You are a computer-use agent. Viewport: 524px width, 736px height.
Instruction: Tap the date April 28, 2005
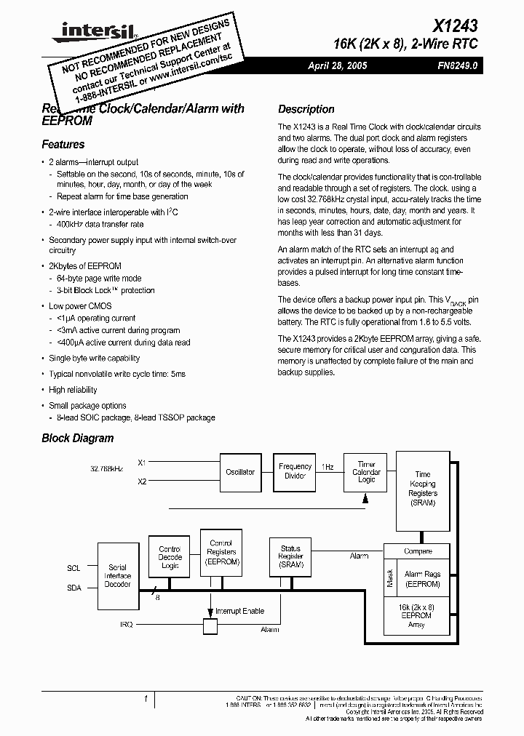(x=338, y=65)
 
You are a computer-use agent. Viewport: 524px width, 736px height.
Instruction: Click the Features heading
(x=63, y=144)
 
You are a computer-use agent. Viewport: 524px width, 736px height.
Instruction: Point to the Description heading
(x=306, y=109)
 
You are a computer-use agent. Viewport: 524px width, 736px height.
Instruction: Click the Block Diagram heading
(x=78, y=438)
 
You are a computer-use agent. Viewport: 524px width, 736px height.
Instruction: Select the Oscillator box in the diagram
(x=240, y=472)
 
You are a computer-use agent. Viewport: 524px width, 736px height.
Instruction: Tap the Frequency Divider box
(x=295, y=471)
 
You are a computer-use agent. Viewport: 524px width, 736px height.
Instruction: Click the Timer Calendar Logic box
(x=366, y=471)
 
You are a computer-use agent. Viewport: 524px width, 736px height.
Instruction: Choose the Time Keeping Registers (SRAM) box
(x=423, y=488)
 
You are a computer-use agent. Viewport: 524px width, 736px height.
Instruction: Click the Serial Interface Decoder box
(x=118, y=576)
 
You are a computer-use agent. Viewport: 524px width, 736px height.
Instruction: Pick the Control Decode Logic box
(x=170, y=557)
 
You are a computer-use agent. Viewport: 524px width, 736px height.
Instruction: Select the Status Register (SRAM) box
(x=290, y=556)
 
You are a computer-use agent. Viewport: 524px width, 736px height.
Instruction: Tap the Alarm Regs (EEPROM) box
(x=423, y=579)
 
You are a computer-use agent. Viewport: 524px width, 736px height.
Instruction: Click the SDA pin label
(x=74, y=588)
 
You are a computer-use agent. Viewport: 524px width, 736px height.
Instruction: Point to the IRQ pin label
(x=127, y=624)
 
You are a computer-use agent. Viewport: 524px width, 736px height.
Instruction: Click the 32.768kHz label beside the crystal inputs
(x=107, y=469)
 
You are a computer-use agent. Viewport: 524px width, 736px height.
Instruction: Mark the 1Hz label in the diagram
(x=327, y=467)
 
